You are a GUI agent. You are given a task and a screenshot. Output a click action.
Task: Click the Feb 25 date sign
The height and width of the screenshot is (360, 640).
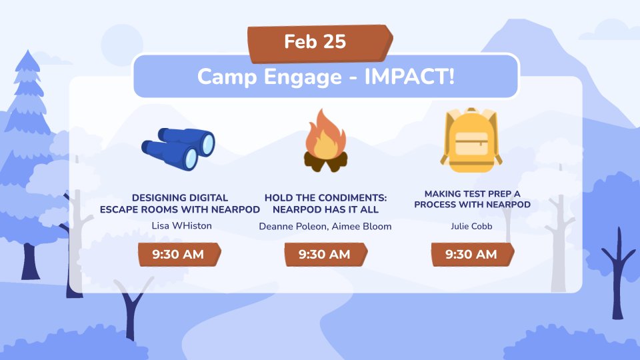click(x=316, y=42)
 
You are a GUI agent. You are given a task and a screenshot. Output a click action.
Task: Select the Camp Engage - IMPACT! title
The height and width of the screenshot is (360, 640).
click(x=326, y=77)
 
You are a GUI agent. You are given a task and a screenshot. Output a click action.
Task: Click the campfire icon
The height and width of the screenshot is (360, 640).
click(x=325, y=141)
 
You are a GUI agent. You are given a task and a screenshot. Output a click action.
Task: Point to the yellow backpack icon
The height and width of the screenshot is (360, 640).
click(x=472, y=139)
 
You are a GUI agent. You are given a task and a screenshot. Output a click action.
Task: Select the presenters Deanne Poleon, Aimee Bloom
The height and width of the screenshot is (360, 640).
click(x=325, y=227)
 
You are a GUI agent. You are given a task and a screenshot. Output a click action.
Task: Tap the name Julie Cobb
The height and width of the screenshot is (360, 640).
click(x=472, y=226)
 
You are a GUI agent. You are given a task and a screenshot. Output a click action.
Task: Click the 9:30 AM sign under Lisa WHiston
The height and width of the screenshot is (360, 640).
click(x=179, y=254)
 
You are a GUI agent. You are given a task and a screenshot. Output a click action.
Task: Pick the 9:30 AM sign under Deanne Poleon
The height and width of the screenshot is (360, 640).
click(x=325, y=254)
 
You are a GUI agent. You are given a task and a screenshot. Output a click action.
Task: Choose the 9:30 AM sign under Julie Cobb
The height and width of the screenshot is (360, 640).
click(x=471, y=254)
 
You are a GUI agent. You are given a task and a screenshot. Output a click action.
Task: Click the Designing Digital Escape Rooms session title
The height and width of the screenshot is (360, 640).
click(x=180, y=203)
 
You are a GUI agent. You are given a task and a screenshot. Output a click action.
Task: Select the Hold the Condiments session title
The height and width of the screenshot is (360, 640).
click(x=325, y=203)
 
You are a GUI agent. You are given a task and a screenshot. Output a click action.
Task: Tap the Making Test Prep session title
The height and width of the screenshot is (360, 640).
click(x=472, y=199)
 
